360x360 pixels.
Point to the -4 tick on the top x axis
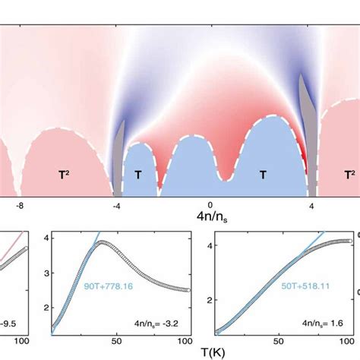(x=116, y=205)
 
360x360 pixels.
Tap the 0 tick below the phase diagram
(x=210, y=205)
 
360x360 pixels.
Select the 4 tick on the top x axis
(x=311, y=205)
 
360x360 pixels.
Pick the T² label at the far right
(x=346, y=174)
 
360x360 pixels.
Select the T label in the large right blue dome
(x=263, y=175)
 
